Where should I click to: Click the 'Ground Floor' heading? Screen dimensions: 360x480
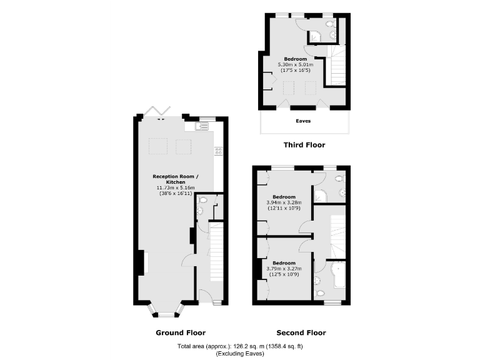[x=180, y=332]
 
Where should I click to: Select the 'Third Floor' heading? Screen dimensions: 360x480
[x=304, y=145]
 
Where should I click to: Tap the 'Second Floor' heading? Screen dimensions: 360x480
[x=301, y=332]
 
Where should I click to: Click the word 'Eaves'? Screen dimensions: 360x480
[x=303, y=121]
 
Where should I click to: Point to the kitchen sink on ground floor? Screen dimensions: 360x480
[x=201, y=126]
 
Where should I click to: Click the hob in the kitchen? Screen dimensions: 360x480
[x=218, y=151]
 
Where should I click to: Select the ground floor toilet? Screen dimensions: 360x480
[x=200, y=211]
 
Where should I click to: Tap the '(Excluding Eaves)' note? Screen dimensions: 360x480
[x=240, y=354]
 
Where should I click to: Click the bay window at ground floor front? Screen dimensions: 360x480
[x=166, y=311]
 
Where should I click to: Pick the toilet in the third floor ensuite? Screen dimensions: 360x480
[x=333, y=35]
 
